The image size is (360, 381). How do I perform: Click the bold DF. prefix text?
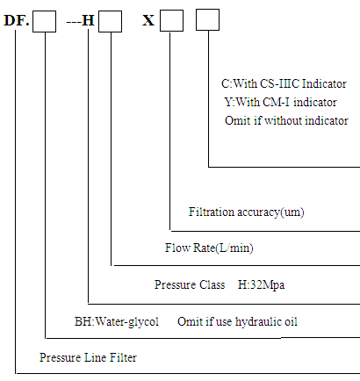tap(17, 21)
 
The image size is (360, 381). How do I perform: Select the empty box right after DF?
tap(44, 21)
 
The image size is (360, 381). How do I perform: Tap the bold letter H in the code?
tap(88, 21)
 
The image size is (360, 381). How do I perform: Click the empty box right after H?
tap(110, 21)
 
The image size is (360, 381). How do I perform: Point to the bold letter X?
tap(148, 21)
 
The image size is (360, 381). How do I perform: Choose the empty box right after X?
tap(171, 20)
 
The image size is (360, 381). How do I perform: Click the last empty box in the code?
tap(207, 19)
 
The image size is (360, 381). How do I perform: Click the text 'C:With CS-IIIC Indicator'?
tap(284, 84)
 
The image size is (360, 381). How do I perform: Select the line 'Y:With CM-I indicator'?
tap(280, 102)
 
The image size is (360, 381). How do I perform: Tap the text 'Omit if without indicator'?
tap(286, 120)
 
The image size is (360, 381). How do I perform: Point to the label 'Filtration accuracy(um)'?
tap(247, 212)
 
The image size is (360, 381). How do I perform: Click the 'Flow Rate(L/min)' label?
tap(209, 248)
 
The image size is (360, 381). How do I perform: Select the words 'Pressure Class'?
tap(190, 284)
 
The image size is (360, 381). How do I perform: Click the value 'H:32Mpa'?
tap(261, 284)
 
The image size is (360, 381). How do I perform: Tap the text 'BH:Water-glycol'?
tap(117, 322)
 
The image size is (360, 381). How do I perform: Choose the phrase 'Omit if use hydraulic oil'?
tap(237, 322)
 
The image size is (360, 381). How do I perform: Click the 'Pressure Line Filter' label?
tap(88, 357)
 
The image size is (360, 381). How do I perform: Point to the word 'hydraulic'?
tap(257, 322)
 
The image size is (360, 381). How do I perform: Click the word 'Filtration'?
tap(212, 212)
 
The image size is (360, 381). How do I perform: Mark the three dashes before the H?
tap(74, 22)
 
